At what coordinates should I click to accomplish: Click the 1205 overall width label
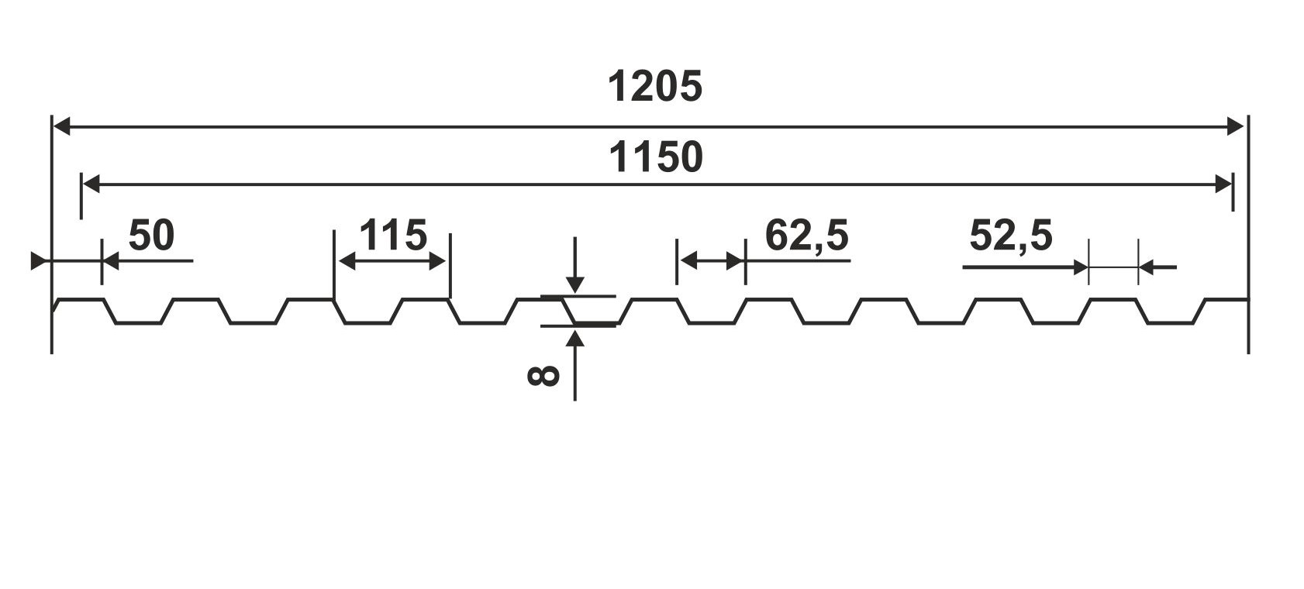(x=655, y=86)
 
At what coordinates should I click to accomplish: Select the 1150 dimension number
(x=656, y=157)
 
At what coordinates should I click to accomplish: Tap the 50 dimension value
(x=151, y=235)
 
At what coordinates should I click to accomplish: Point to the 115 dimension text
(x=392, y=235)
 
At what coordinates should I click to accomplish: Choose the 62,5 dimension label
(x=806, y=235)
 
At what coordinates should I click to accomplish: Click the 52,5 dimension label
(x=1010, y=235)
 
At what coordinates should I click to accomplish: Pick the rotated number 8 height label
(x=543, y=376)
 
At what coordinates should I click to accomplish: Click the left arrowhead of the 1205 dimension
(x=61, y=126)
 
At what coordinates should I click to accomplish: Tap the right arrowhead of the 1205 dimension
(x=1237, y=126)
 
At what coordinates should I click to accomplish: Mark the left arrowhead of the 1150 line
(x=91, y=184)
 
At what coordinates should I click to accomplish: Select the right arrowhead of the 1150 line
(x=1223, y=184)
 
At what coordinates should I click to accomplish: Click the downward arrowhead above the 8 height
(x=574, y=285)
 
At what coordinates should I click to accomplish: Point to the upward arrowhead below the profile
(x=574, y=337)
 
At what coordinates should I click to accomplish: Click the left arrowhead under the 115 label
(x=346, y=261)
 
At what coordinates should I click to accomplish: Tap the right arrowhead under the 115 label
(x=440, y=261)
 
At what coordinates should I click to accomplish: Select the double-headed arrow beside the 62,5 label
(x=711, y=261)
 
